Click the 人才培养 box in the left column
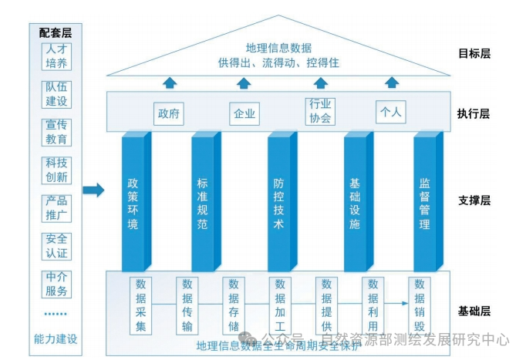click(56, 56)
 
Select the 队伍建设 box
click(56, 94)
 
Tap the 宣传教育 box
click(56, 132)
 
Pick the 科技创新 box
click(56, 170)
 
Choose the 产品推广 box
click(56, 207)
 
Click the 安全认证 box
click(56, 245)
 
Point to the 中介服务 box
click(56, 284)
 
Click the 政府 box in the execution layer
click(170, 113)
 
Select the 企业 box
click(244, 113)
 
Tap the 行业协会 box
click(320, 112)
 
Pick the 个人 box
click(390, 113)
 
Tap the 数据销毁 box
click(420, 304)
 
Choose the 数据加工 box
click(281, 304)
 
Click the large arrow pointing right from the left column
click(93, 190)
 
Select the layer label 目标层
click(474, 54)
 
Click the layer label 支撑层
click(474, 200)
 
